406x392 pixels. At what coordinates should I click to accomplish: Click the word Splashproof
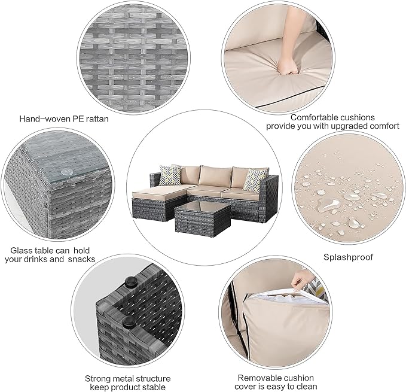click(348, 257)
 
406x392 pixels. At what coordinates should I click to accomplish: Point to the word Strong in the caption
click(97, 378)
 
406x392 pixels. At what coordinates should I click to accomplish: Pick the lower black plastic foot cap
click(127, 323)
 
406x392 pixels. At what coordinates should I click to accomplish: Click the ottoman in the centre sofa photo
click(152, 201)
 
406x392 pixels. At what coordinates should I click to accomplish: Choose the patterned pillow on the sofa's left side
click(169, 174)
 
